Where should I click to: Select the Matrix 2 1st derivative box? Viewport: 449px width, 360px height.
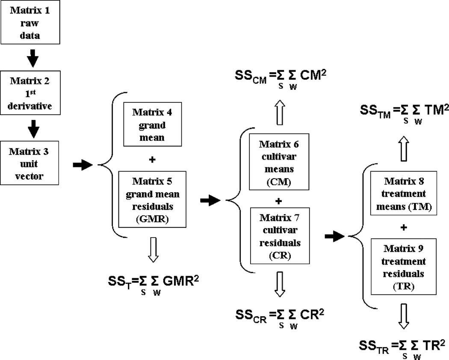(32, 85)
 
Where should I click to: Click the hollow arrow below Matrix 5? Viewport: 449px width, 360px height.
(153, 250)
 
